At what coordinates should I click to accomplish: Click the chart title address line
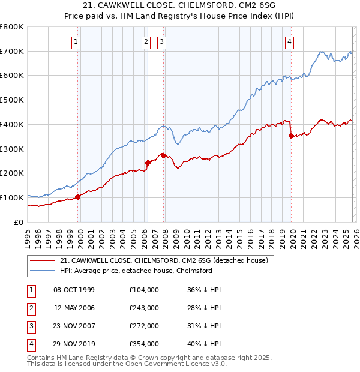(x=180, y=5)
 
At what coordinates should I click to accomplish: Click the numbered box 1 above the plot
(x=77, y=41)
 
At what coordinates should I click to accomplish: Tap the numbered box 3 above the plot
(x=162, y=41)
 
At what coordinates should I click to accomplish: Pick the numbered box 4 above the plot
(x=289, y=41)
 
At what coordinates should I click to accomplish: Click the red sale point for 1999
(x=77, y=196)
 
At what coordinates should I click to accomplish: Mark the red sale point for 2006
(x=148, y=162)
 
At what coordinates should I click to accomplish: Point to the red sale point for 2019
(x=291, y=136)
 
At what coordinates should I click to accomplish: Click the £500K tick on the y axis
(x=12, y=100)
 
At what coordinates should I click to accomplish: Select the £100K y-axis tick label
(x=12, y=197)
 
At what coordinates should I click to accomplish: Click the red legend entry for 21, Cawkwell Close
(x=164, y=260)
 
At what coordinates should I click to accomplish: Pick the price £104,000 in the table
(x=144, y=290)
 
